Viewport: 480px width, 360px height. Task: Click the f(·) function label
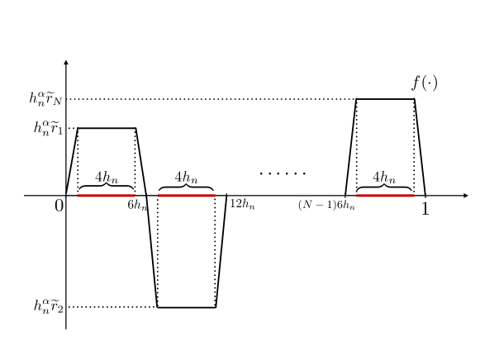click(425, 83)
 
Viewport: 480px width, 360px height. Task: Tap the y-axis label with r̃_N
click(47, 99)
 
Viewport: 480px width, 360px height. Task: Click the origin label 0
click(59, 206)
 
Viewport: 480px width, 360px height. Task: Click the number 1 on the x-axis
click(425, 209)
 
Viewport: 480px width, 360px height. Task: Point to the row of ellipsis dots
click(283, 173)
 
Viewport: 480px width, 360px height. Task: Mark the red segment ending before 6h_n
click(107, 196)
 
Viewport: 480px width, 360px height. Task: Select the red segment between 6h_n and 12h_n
click(187, 196)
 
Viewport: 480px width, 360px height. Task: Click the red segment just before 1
click(385, 196)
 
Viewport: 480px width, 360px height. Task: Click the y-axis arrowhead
click(66, 63)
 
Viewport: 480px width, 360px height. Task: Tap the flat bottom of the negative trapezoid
click(187, 307)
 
